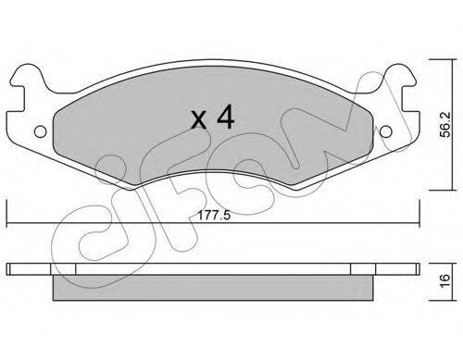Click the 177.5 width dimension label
point(214,216)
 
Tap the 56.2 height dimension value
point(445,125)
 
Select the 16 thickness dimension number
point(445,281)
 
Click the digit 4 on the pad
point(225,117)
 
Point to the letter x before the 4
point(199,120)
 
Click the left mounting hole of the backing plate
point(41,131)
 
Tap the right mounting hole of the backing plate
point(385,131)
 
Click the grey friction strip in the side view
point(213,288)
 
